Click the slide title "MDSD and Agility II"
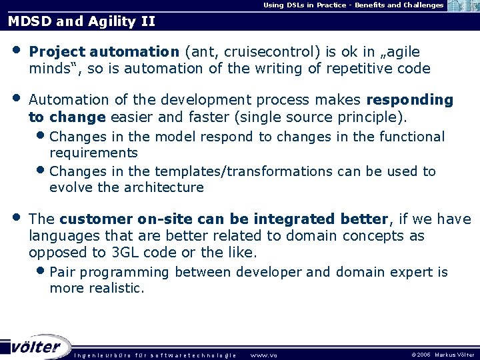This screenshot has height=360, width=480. [x=81, y=21]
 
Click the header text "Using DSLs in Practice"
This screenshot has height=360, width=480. [x=307, y=5]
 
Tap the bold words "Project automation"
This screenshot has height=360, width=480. [x=104, y=52]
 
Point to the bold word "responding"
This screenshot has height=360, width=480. [x=410, y=100]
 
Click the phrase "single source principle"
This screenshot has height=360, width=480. [x=333, y=117]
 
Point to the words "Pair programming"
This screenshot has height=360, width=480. [x=109, y=272]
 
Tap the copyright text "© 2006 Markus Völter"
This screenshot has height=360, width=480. [x=442, y=355]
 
